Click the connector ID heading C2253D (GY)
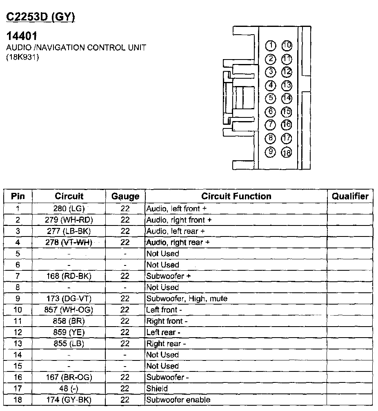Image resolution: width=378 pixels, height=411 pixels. pyautogui.click(x=40, y=17)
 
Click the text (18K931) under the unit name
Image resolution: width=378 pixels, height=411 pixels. pyautogui.click(x=22, y=57)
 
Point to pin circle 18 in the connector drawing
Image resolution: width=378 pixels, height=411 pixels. pyautogui.click(x=287, y=152)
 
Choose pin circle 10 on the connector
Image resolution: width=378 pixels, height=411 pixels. pyautogui.click(x=287, y=45)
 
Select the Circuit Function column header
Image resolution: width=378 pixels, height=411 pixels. pyautogui.click(x=236, y=197)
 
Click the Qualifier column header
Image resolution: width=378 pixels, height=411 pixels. pyautogui.click(x=350, y=197)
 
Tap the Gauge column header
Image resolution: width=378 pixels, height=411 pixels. pyautogui.click(x=125, y=197)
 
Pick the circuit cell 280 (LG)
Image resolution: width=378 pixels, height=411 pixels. pyautogui.click(x=69, y=209)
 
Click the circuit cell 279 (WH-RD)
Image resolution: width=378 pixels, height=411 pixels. pyautogui.click(x=69, y=220)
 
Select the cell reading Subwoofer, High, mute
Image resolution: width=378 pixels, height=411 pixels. pyautogui.click(x=187, y=299)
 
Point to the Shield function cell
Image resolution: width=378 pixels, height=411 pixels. pyautogui.click(x=157, y=389)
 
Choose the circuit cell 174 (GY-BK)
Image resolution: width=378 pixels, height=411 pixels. pyautogui.click(x=69, y=400)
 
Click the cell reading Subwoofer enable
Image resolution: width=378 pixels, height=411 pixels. pyautogui.click(x=178, y=400)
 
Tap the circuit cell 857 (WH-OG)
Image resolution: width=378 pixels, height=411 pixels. pyautogui.click(x=69, y=310)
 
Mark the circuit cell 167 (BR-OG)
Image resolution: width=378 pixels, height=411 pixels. pyautogui.click(x=69, y=377)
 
